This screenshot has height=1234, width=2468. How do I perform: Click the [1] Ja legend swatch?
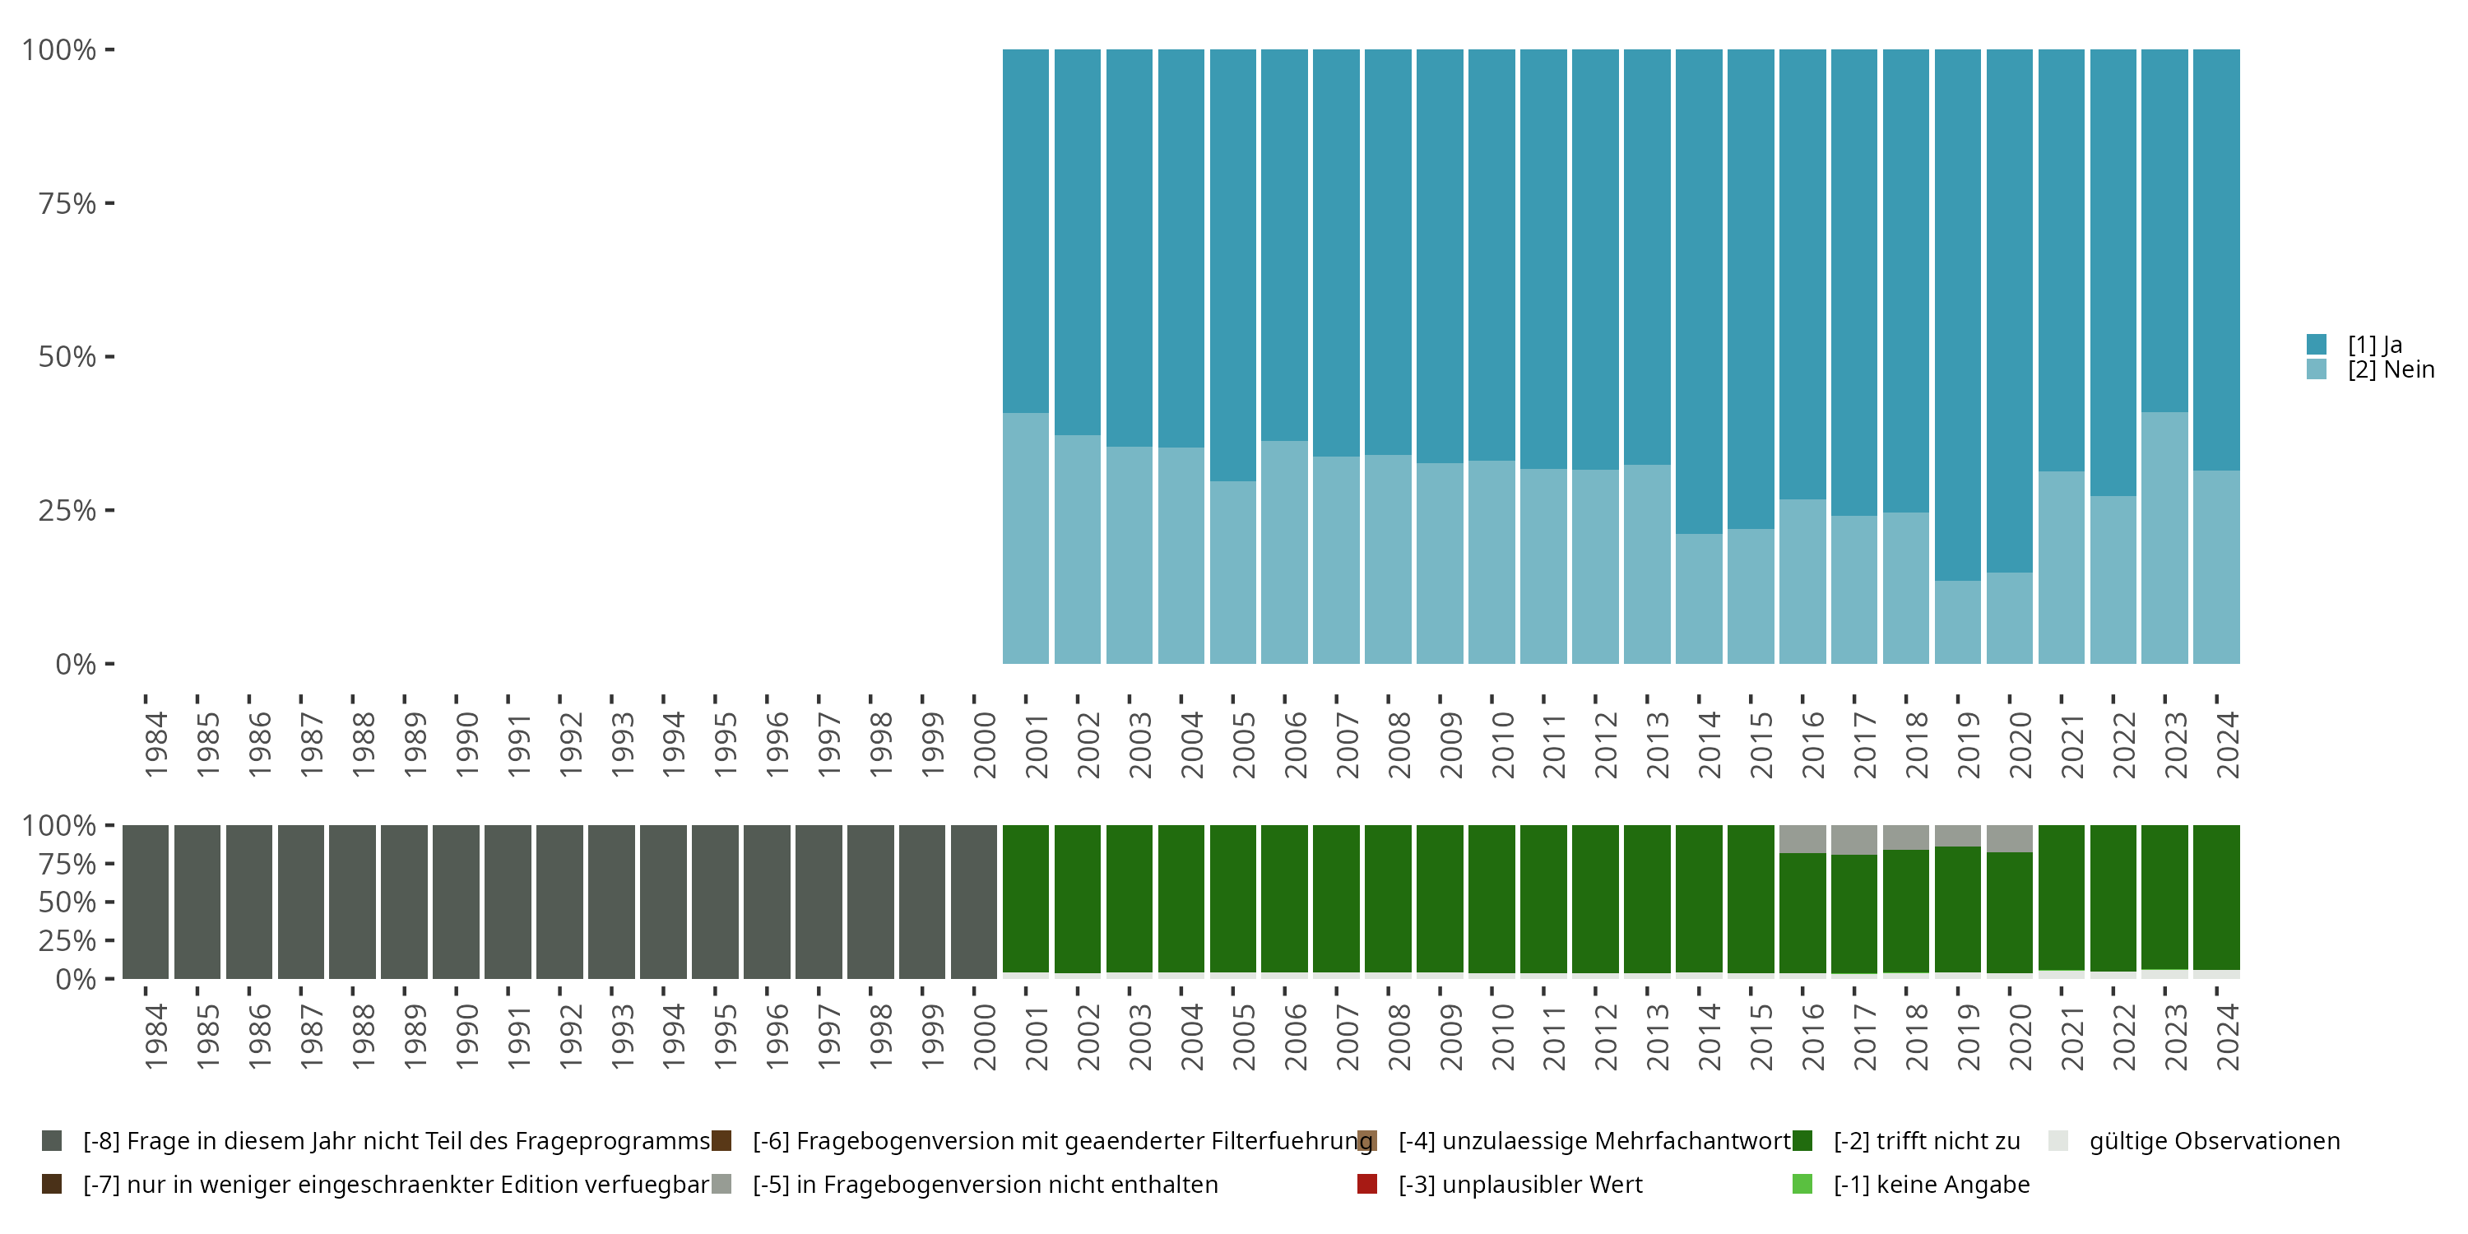tap(2316, 344)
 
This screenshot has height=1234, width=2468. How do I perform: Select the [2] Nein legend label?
tap(2391, 370)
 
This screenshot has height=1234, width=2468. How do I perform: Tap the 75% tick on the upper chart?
tap(67, 203)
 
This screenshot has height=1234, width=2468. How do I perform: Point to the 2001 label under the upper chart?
tap(1037, 745)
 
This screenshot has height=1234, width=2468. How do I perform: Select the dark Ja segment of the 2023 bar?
tap(2164, 230)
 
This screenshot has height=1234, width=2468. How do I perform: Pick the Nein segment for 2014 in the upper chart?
tap(1699, 598)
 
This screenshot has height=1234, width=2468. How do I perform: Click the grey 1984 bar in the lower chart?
tap(146, 902)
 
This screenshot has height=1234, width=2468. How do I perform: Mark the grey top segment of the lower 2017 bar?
tap(1853, 839)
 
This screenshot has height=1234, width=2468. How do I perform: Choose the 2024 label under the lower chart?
tap(2228, 1037)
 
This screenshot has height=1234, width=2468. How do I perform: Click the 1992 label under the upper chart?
tap(570, 745)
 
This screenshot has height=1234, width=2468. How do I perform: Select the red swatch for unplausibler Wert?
tap(1367, 1184)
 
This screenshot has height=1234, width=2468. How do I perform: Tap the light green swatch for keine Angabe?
tap(1802, 1184)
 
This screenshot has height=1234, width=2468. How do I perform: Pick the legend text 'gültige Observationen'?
tap(2214, 1141)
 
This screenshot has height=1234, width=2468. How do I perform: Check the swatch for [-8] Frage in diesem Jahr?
tap(52, 1141)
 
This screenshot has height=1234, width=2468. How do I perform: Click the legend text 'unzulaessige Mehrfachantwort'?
tap(1594, 1141)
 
